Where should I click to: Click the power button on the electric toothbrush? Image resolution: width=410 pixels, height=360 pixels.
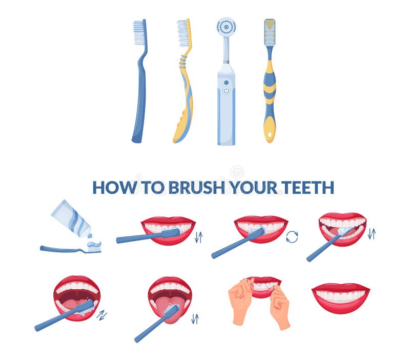coord(226,90)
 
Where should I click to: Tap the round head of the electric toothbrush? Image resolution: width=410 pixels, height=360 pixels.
coord(226,27)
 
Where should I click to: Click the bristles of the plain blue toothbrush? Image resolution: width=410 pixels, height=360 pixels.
coord(138,33)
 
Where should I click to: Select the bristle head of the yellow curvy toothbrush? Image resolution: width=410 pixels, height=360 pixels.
coord(183,33)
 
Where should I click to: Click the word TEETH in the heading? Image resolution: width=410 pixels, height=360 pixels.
coord(307,188)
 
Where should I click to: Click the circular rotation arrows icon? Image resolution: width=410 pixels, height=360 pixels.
coord(292,236)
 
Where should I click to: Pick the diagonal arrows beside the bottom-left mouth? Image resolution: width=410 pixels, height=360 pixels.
coord(102,314)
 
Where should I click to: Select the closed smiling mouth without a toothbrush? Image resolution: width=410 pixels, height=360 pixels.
coord(340,297)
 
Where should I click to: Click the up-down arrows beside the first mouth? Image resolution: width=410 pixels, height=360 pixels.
coord(198,236)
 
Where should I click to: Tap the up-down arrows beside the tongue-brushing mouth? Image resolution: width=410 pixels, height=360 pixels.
coord(195,318)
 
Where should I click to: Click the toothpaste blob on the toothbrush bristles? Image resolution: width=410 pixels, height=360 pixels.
coord(93,244)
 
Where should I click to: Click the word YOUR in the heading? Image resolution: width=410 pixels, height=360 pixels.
coord(254,188)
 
